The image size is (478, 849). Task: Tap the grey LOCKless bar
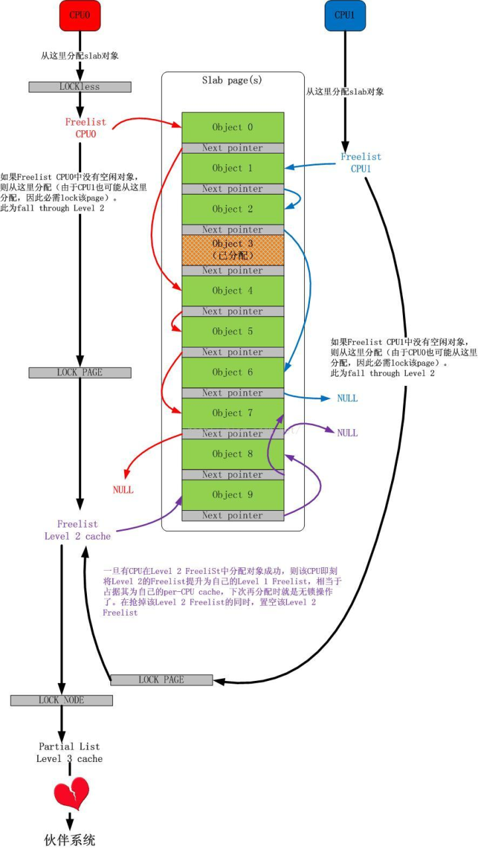80,87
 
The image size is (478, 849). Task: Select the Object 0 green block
232,127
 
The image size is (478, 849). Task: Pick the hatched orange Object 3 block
232,250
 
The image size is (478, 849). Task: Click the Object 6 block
232,372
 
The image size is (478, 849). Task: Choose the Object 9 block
232,495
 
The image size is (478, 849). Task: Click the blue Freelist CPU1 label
360,163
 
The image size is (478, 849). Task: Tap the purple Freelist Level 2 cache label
78,530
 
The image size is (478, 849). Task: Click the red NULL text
123,490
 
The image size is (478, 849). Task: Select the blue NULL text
347,399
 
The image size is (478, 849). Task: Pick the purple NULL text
347,433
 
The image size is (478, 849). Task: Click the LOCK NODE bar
62,700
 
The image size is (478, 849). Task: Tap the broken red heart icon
71,794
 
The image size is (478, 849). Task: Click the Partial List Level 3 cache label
70,753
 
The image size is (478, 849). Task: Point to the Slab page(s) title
232,80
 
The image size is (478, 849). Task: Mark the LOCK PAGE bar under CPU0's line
80,373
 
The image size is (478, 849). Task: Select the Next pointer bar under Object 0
232,148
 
